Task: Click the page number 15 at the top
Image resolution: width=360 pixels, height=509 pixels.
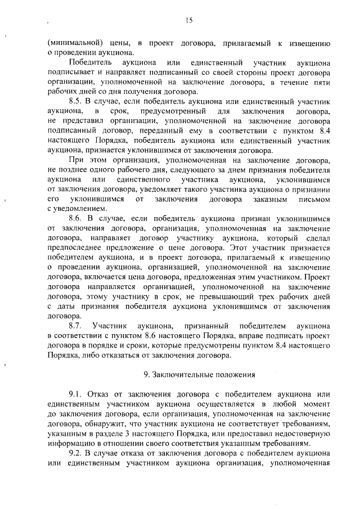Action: (x=188, y=21)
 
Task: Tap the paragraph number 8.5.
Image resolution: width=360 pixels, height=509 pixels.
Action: (x=76, y=100)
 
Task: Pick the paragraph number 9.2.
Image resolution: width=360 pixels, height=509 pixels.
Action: (x=76, y=453)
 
